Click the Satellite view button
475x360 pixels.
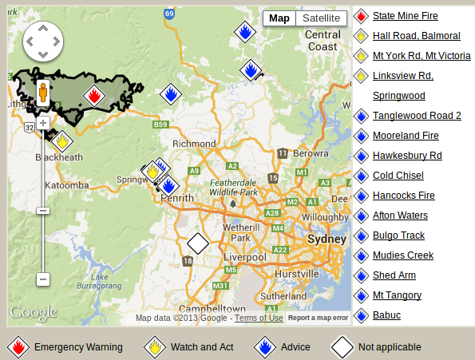[x=321, y=18]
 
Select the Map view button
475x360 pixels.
[x=279, y=18]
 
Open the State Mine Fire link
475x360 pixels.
[x=405, y=16]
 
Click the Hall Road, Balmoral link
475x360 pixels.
[x=416, y=36]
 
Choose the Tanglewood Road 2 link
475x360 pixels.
[x=417, y=116]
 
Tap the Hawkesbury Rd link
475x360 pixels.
[x=407, y=156]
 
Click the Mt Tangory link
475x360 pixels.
[x=397, y=295]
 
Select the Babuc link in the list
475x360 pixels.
[x=386, y=315]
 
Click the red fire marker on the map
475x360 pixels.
[x=94, y=97]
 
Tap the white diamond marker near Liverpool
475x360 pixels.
[x=197, y=243]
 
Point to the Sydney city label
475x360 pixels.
[x=327, y=239]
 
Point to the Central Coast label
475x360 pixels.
[x=323, y=41]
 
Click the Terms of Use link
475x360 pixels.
[x=259, y=318]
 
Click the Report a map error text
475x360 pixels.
[x=318, y=318]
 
